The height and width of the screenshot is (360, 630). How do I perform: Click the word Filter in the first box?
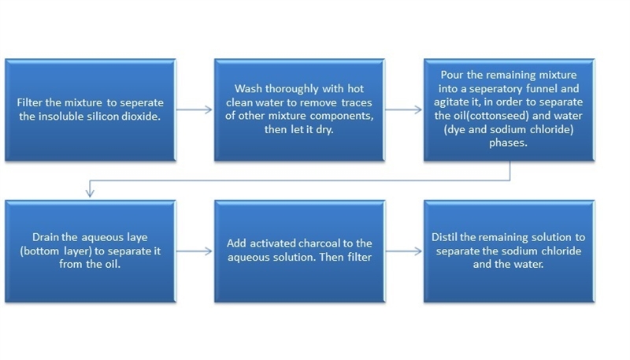coord(29,102)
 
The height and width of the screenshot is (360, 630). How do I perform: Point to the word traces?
coord(357,102)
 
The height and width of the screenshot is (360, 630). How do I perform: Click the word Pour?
coord(452,75)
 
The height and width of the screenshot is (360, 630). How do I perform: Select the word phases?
coord(508,143)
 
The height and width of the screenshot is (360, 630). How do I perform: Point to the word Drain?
coord(44,237)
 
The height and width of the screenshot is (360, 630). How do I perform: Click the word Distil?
coord(444,237)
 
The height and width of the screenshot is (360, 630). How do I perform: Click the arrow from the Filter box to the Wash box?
coord(194,109)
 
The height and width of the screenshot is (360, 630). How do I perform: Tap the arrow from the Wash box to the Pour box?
coord(404,109)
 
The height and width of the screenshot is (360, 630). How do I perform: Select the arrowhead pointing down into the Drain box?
coord(90,192)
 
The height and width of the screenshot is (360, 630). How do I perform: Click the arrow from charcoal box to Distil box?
coord(404,251)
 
